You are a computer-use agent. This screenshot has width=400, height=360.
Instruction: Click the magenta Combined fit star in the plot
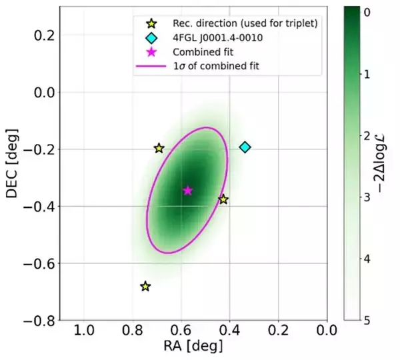(188, 191)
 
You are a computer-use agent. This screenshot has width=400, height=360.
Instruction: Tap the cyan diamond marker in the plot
(245, 147)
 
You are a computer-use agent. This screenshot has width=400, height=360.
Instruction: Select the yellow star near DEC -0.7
(145, 286)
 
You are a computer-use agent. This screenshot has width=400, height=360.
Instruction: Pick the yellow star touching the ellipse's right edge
(223, 199)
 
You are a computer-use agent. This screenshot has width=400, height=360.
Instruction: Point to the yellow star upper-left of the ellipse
(159, 148)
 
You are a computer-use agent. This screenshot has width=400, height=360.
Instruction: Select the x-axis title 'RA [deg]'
(193, 347)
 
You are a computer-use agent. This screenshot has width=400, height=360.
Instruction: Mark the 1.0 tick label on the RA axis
(84, 331)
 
